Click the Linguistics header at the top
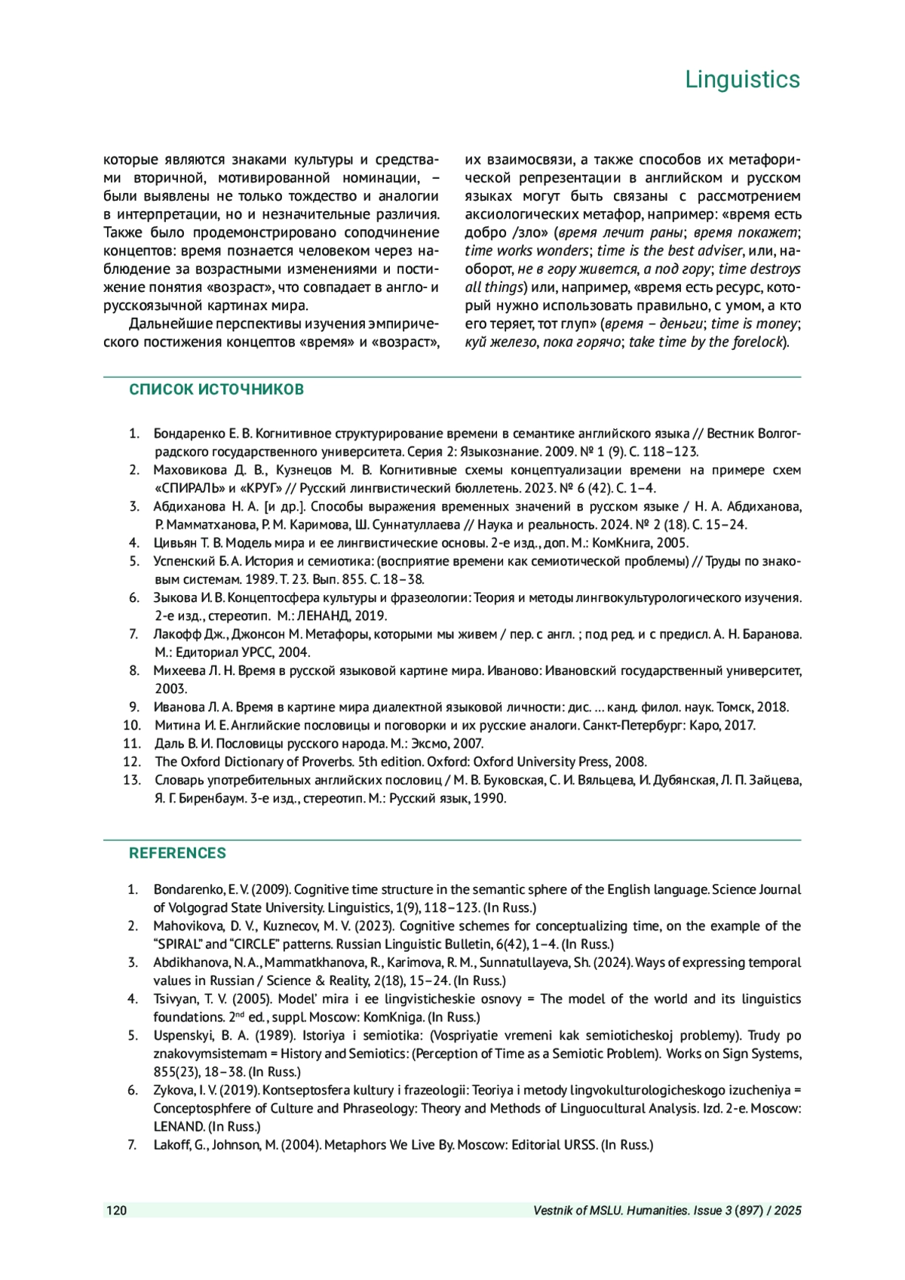click(x=742, y=79)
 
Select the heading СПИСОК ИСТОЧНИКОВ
click(x=216, y=390)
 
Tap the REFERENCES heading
click(x=177, y=853)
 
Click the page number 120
click(x=117, y=1211)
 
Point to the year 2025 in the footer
click(x=787, y=1211)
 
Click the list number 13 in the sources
click(x=132, y=780)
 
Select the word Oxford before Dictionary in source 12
click(x=202, y=762)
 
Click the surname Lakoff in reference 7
click(x=173, y=1145)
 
